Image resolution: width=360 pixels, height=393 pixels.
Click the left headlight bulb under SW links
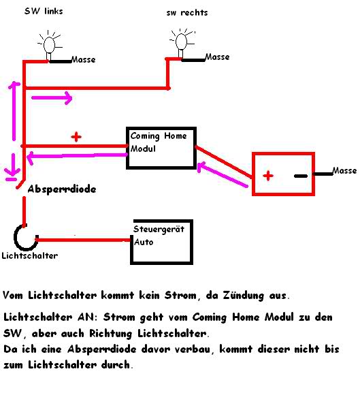[49, 45]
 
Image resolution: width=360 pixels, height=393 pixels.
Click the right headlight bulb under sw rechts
[181, 43]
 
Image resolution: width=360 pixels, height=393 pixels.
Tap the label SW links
[44, 12]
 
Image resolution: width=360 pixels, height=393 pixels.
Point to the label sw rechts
[187, 12]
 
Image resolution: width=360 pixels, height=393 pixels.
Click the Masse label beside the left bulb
[84, 60]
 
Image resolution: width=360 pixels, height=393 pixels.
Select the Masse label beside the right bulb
[217, 57]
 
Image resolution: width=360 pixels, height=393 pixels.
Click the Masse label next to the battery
[344, 171]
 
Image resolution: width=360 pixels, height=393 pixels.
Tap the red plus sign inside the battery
[268, 176]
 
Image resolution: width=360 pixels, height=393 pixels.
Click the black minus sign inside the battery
[301, 176]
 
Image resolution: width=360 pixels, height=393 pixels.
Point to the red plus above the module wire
[76, 137]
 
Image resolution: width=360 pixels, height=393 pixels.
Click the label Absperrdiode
[62, 189]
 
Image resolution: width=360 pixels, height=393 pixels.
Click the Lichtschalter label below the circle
[30, 255]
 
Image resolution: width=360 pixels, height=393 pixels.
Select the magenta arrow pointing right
[52, 98]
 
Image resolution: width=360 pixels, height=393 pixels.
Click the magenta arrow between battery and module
[223, 175]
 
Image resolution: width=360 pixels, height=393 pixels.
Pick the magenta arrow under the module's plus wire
[77, 157]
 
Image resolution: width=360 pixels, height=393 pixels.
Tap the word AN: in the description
[87, 317]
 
